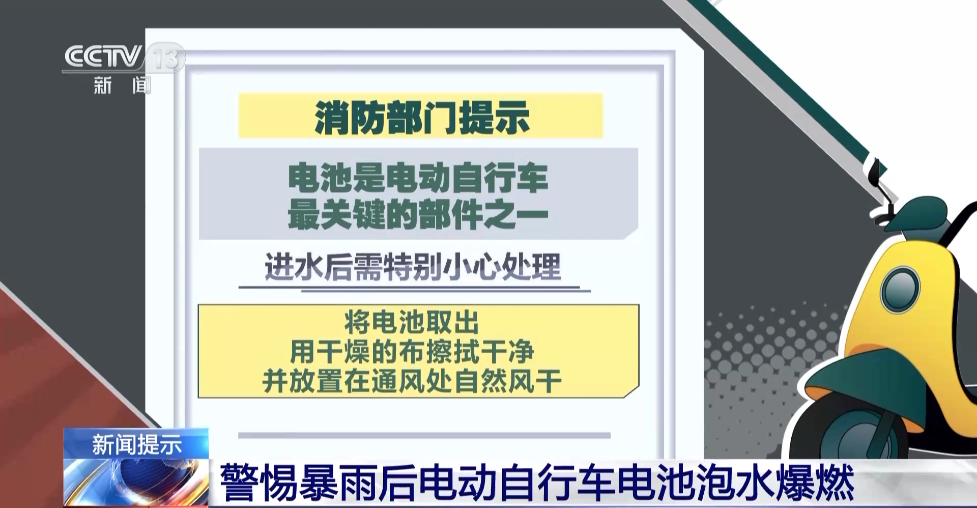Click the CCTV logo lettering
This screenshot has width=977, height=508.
coord(103,57)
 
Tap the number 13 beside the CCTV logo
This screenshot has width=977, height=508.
coord(166,57)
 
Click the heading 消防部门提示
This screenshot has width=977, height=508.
coord(422,117)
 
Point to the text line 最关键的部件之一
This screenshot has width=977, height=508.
coord(418,214)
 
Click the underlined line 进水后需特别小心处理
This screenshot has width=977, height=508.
coord(413,266)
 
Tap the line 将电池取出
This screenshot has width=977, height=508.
coord(412,322)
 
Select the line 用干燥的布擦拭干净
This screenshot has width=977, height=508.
coord(412,351)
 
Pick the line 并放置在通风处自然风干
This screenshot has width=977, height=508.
coord(412,381)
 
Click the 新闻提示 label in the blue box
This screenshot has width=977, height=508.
coord(136,444)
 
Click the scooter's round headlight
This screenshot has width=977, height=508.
coord(900,289)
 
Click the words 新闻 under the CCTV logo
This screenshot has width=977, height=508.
coord(122,85)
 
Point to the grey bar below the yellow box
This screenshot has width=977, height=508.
coord(424,435)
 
